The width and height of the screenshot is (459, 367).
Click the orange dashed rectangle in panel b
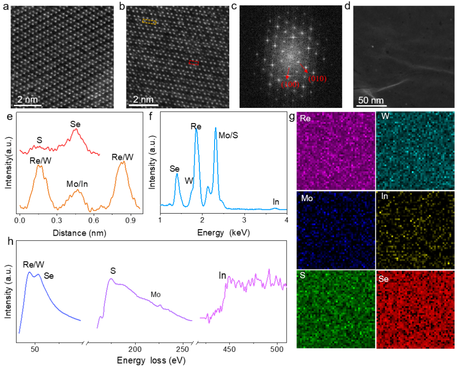149,21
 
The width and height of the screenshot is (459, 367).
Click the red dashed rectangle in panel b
194,63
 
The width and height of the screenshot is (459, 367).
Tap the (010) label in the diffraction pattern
317,78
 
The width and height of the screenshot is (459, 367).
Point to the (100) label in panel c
290,84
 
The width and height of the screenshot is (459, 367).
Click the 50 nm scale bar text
371,101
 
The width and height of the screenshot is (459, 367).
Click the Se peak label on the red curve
75,124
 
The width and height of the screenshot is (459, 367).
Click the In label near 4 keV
276,201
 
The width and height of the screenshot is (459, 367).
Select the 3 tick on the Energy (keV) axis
244,221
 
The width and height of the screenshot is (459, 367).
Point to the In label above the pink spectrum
222,275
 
